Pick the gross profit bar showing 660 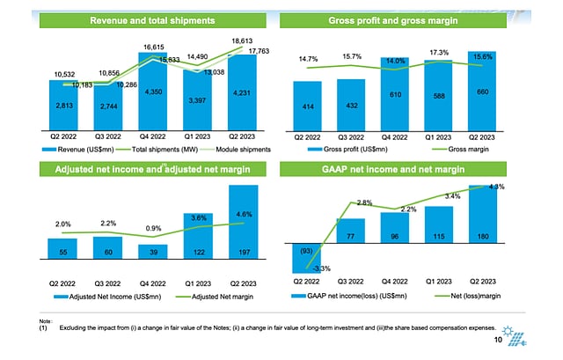[x=481, y=92]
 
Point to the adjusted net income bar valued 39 [x=154, y=252]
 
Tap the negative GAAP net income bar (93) [x=305, y=257]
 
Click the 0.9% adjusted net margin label [x=153, y=229]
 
